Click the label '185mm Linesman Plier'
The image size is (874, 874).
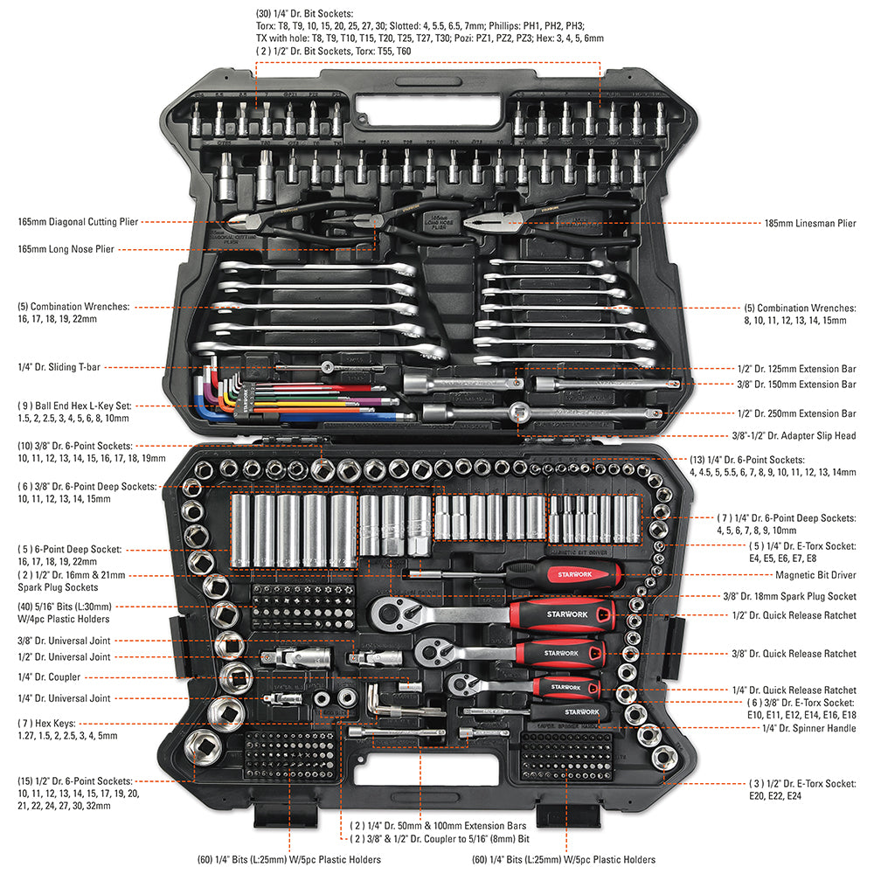pyautogui.click(x=809, y=224)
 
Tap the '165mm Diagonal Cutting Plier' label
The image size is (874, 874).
pyautogui.click(x=78, y=222)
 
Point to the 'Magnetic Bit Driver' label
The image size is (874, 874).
pyautogui.click(x=815, y=575)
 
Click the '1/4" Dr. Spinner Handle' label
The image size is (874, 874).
pyautogui.click(x=808, y=728)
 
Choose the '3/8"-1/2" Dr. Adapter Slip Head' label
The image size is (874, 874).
pyautogui.click(x=794, y=435)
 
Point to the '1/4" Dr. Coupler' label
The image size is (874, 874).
pyautogui.click(x=49, y=677)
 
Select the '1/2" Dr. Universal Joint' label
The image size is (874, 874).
pyautogui.click(x=64, y=656)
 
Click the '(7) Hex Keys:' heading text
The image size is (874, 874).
pyautogui.click(x=46, y=724)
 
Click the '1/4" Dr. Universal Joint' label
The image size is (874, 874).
pyautogui.click(x=64, y=698)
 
